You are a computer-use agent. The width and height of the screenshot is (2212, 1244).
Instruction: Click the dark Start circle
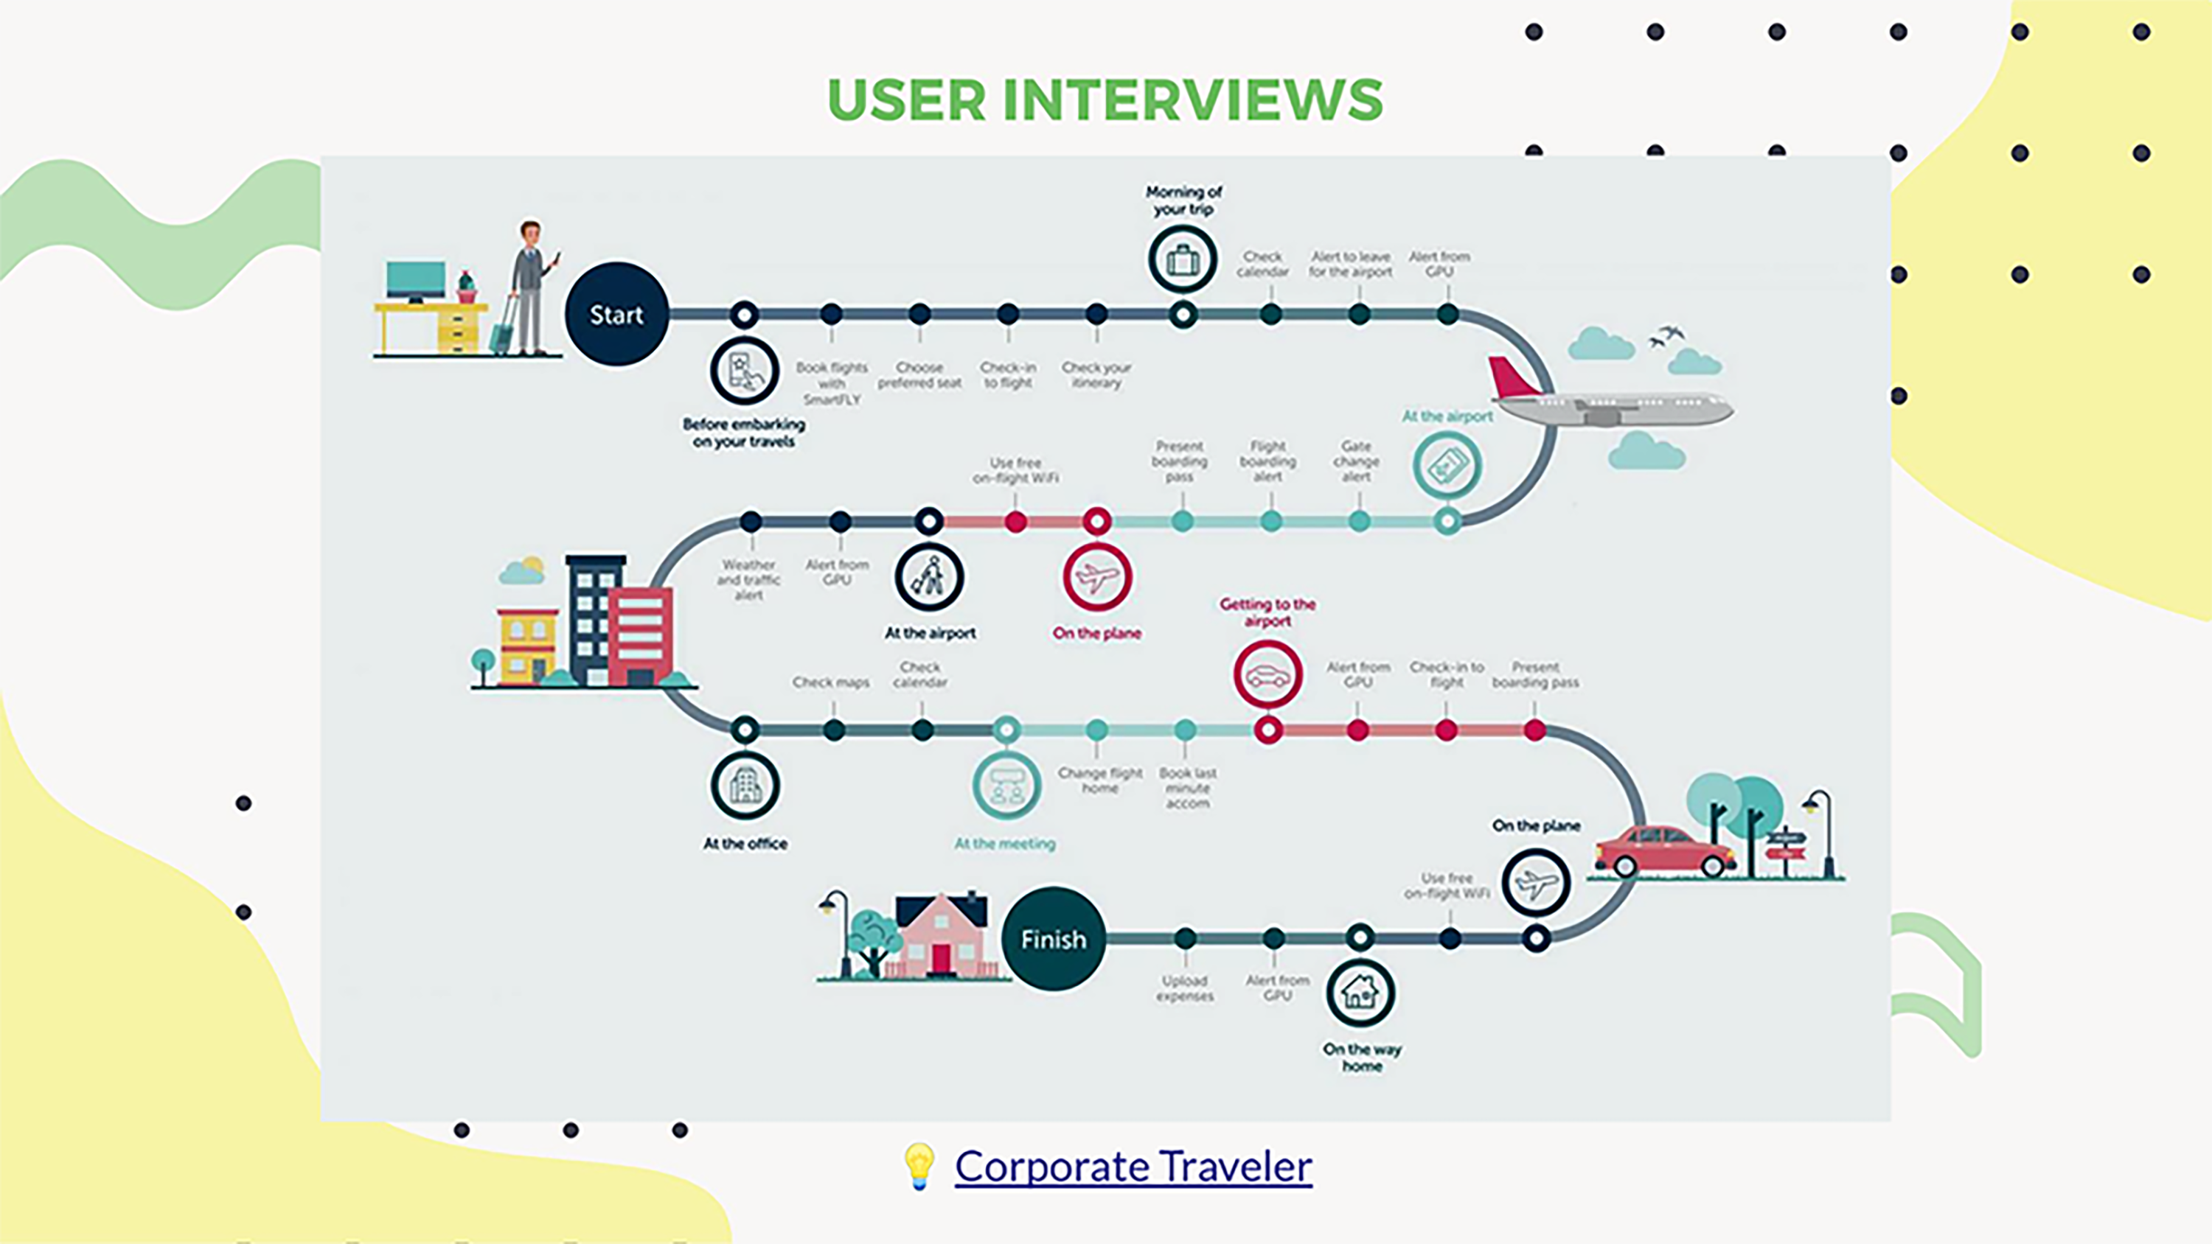[616, 314]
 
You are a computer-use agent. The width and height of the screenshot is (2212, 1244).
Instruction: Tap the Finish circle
[1053, 938]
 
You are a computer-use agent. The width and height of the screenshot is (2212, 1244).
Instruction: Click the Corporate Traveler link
[1133, 1166]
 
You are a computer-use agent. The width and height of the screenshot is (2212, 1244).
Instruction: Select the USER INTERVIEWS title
[1105, 99]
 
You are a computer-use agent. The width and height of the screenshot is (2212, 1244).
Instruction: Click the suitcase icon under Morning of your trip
[1183, 259]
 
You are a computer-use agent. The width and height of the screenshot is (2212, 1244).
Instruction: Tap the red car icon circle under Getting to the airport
[1267, 675]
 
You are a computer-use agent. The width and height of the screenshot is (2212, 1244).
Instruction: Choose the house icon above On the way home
[1360, 993]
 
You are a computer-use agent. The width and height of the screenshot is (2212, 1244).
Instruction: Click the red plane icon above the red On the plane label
[1096, 577]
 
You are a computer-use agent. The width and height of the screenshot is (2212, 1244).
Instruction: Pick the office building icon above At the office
[745, 786]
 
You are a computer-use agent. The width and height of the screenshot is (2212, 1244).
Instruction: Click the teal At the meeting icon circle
[1006, 786]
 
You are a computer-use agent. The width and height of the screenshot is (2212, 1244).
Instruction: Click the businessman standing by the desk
[531, 287]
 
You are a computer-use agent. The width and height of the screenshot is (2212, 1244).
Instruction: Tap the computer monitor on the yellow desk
[416, 280]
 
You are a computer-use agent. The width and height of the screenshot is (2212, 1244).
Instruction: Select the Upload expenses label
[1185, 988]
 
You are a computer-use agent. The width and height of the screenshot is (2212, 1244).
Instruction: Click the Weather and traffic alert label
[749, 579]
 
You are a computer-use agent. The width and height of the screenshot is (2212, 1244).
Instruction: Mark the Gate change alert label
[1356, 461]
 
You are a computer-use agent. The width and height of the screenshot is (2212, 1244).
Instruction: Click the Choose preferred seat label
[919, 375]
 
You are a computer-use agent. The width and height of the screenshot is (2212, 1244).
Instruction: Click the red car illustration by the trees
[1663, 850]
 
